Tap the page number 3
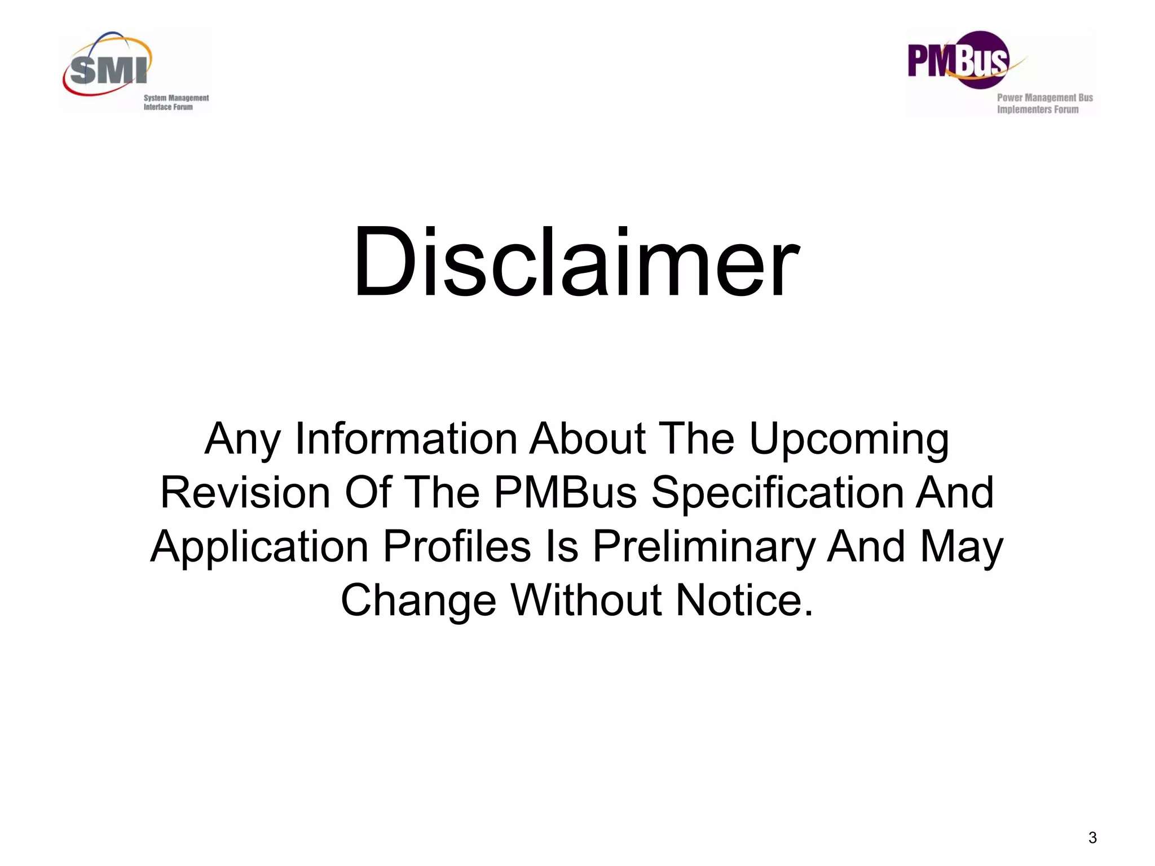(x=1092, y=837)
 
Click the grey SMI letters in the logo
(x=108, y=70)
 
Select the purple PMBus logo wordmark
(x=958, y=61)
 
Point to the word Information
(x=406, y=439)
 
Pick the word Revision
(x=245, y=493)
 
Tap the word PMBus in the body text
(x=566, y=493)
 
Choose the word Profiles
(x=457, y=547)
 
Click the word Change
(x=418, y=602)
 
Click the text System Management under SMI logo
(x=176, y=98)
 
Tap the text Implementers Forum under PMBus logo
(x=1037, y=109)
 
